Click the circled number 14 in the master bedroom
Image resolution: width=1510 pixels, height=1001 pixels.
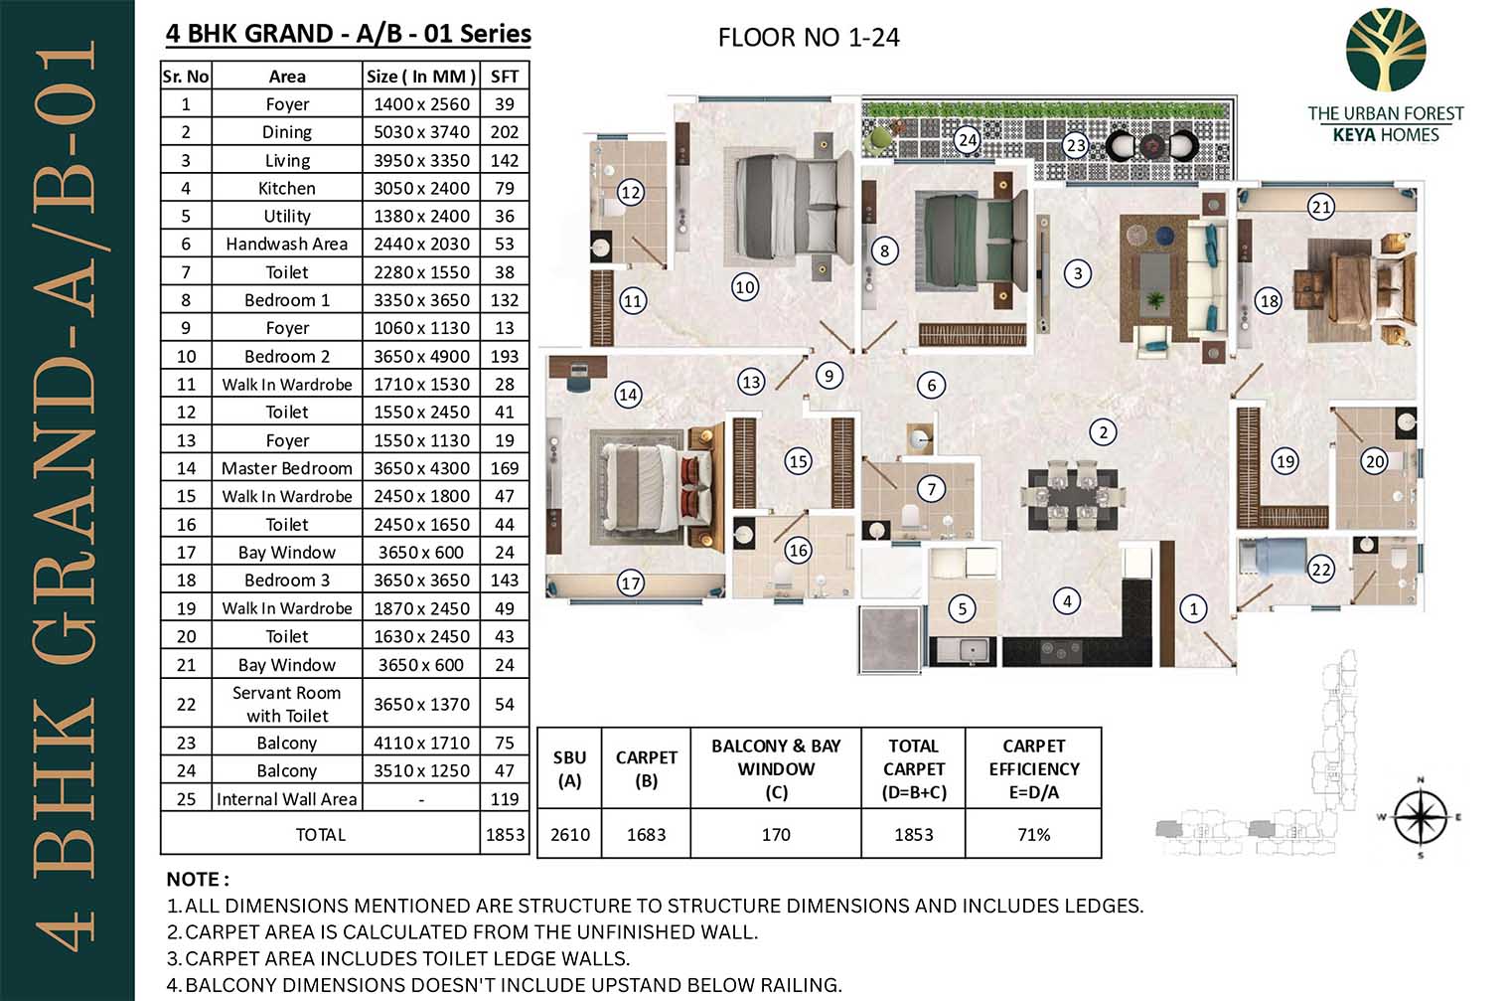[628, 395]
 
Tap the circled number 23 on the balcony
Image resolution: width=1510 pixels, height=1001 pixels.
[1075, 145]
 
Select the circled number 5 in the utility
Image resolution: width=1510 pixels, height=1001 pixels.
[962, 609]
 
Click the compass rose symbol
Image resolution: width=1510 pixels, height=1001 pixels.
[1420, 817]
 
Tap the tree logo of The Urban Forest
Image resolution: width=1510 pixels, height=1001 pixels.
[1386, 50]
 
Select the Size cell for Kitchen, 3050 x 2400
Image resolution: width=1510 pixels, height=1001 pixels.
[421, 188]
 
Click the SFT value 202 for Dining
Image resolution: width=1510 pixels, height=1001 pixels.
[505, 132]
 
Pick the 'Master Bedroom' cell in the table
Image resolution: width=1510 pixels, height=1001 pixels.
[286, 468]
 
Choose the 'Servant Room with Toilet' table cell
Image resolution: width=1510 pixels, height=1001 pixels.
[286, 704]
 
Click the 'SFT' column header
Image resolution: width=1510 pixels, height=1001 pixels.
[505, 77]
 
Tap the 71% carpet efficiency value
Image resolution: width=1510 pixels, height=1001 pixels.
[1033, 834]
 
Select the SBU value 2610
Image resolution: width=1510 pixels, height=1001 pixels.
[569, 834]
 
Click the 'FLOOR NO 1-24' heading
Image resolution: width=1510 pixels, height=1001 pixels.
[809, 38]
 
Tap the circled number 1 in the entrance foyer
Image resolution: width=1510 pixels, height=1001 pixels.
[1193, 609]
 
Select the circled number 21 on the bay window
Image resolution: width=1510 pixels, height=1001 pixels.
[1320, 207]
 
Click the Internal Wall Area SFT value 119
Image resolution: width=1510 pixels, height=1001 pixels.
[505, 799]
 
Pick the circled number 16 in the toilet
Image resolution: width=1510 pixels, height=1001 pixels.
[798, 551]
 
